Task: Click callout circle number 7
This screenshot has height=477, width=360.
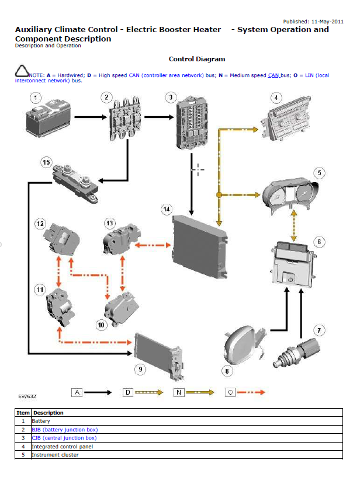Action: (x=319, y=330)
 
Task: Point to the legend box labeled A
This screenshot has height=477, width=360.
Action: (x=77, y=393)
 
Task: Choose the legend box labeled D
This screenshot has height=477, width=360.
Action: (x=127, y=393)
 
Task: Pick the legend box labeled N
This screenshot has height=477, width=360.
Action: (x=179, y=393)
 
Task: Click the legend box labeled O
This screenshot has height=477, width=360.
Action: (x=231, y=393)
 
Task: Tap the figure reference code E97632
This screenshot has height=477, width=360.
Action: (x=27, y=396)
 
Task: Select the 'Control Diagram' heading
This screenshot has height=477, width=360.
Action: (x=196, y=59)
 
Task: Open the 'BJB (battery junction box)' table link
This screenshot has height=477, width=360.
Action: (x=64, y=429)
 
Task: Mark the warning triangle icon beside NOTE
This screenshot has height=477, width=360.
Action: (x=22, y=72)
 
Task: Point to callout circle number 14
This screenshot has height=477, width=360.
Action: (x=167, y=209)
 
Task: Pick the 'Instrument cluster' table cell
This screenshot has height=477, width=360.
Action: (x=55, y=455)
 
